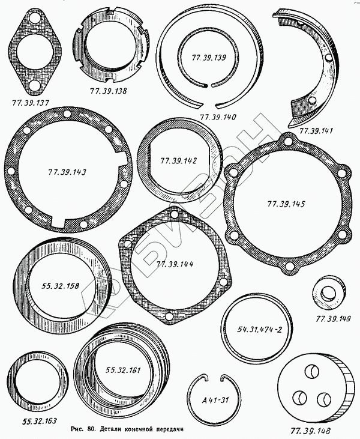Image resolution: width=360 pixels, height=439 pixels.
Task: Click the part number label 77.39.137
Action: click(x=31, y=103)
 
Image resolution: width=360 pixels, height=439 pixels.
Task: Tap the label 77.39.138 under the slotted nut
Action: click(x=108, y=91)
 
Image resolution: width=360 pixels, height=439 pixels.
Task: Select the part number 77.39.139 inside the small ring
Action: click(x=209, y=58)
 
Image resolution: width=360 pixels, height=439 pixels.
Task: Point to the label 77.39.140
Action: click(x=218, y=117)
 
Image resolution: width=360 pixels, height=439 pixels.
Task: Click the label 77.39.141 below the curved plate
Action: click(x=316, y=131)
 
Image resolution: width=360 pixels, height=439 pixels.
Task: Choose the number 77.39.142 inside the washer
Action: click(x=178, y=161)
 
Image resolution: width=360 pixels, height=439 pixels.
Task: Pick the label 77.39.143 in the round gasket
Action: click(x=67, y=172)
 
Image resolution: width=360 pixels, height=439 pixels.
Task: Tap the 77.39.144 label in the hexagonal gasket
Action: click(x=175, y=264)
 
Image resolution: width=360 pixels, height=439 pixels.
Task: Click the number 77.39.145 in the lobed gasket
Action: click(x=286, y=204)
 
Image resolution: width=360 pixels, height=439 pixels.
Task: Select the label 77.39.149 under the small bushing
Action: click(x=333, y=319)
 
